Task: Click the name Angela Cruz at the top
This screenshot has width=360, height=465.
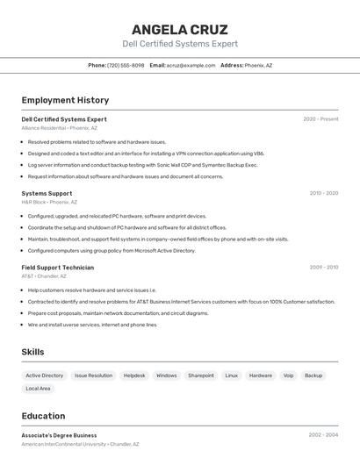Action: [179, 29]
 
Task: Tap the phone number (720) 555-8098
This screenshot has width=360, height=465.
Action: [126, 65]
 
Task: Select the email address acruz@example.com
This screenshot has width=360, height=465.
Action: [191, 65]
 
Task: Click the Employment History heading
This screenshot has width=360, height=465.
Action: [65, 100]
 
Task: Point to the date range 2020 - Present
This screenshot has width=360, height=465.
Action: [320, 119]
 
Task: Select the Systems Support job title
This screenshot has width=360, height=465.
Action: [47, 193]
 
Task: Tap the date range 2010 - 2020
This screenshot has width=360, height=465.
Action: [323, 193]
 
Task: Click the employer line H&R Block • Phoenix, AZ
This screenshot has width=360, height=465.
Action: [49, 202]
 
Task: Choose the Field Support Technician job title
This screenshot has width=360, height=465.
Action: [57, 267]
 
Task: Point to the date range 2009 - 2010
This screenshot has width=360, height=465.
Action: [323, 267]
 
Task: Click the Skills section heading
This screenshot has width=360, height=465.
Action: [32, 352]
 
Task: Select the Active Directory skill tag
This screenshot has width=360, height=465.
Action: [45, 376]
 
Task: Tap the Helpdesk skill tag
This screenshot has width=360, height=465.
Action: [134, 376]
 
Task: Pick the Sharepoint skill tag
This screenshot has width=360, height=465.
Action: [201, 376]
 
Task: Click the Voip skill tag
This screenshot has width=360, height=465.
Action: [288, 376]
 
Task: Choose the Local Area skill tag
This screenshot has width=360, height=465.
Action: [38, 388]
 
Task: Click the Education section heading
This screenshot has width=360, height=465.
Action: [43, 416]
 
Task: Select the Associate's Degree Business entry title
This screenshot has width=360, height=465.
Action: [59, 435]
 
